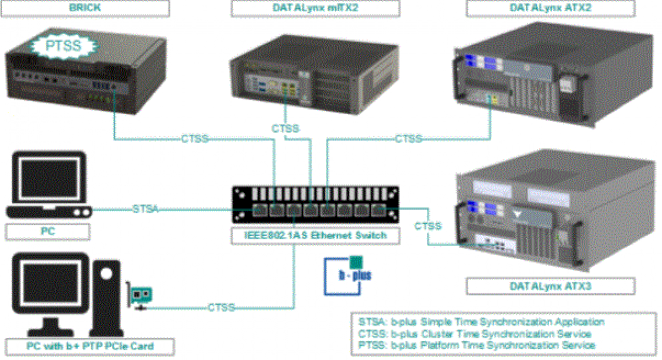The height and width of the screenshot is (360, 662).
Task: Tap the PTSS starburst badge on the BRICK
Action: click(x=63, y=45)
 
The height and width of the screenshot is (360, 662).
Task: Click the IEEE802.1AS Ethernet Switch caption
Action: click(x=316, y=235)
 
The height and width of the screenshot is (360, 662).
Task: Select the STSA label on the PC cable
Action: click(x=146, y=209)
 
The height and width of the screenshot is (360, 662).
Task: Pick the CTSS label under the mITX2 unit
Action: click(x=285, y=128)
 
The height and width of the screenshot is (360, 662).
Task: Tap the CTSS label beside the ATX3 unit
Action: click(x=428, y=226)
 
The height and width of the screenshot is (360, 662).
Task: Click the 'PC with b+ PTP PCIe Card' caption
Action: click(x=90, y=346)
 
